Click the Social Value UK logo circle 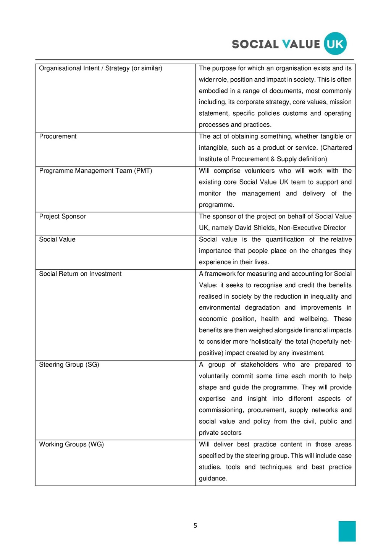click(335, 44)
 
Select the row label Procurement click(58, 136)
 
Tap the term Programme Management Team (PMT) click(95, 171)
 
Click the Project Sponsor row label click(62, 216)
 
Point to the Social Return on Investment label click(80, 274)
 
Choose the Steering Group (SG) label click(69, 365)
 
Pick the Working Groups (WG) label click(71, 444)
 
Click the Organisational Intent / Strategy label click(100, 68)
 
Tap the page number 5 click(195, 526)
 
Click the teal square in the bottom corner click(347, 531)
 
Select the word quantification click(285, 239)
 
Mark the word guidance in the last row click(212, 479)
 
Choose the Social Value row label click(57, 239)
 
